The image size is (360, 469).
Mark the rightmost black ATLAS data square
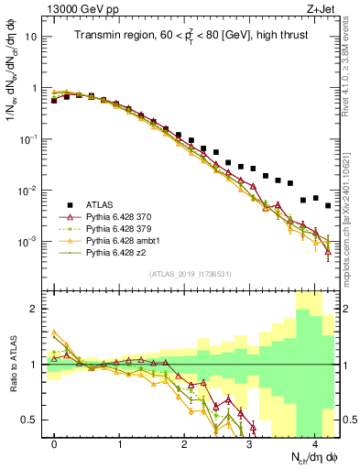[x=328, y=206]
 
